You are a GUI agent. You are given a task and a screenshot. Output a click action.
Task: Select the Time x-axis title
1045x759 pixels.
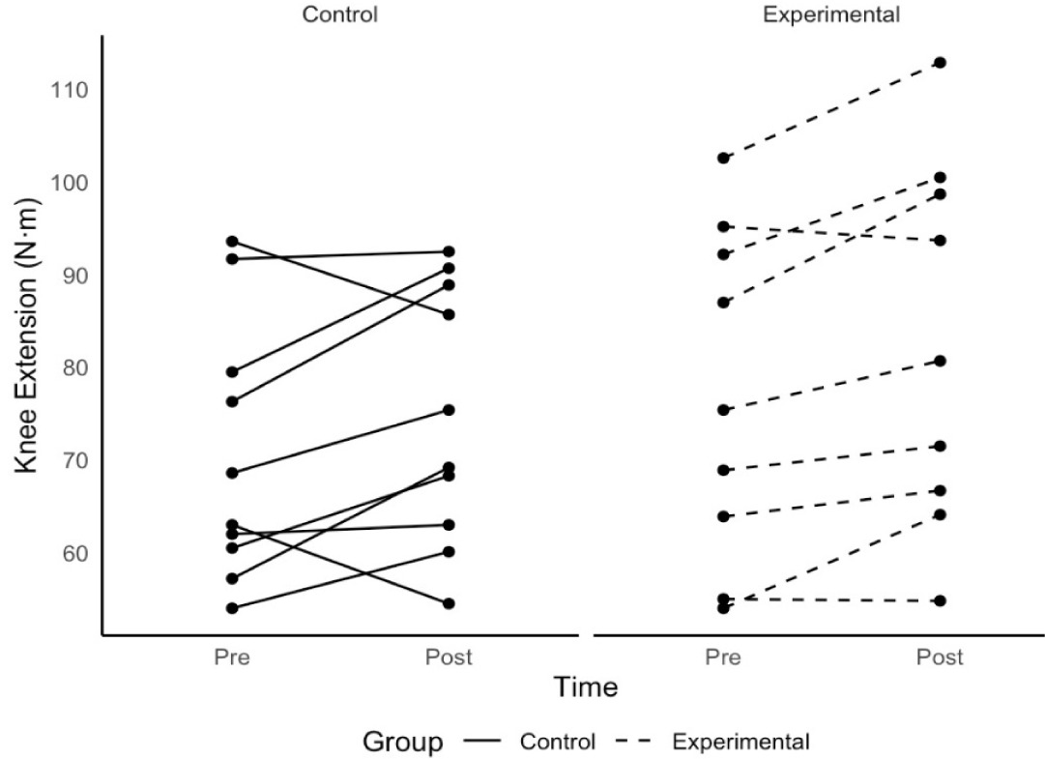coord(585,687)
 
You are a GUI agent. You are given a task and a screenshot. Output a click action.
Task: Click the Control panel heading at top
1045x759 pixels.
coord(339,15)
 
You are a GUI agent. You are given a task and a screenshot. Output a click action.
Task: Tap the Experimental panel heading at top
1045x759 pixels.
coord(830,15)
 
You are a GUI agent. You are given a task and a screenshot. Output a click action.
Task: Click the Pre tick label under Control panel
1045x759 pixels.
coord(232,657)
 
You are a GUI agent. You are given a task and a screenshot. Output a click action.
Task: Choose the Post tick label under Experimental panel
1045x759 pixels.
coord(939,657)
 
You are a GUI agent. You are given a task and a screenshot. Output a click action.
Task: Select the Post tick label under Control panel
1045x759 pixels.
coord(449,657)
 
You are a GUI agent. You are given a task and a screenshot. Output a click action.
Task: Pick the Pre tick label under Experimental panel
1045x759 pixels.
coord(723,657)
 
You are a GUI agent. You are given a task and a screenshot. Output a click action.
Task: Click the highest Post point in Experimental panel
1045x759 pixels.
coord(939,63)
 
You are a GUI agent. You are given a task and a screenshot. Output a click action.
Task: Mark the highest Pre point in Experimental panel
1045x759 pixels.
coord(723,158)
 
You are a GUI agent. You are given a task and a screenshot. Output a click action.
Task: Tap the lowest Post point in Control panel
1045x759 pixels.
coord(449,603)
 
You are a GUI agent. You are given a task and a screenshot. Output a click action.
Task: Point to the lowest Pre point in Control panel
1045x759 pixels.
coord(232,608)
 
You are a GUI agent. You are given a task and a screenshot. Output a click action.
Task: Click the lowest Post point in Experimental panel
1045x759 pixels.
coord(939,600)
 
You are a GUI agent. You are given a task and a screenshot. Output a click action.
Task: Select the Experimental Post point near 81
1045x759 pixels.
coord(939,361)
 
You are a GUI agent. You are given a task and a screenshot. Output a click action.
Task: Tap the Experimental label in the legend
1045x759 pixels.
coord(741,742)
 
